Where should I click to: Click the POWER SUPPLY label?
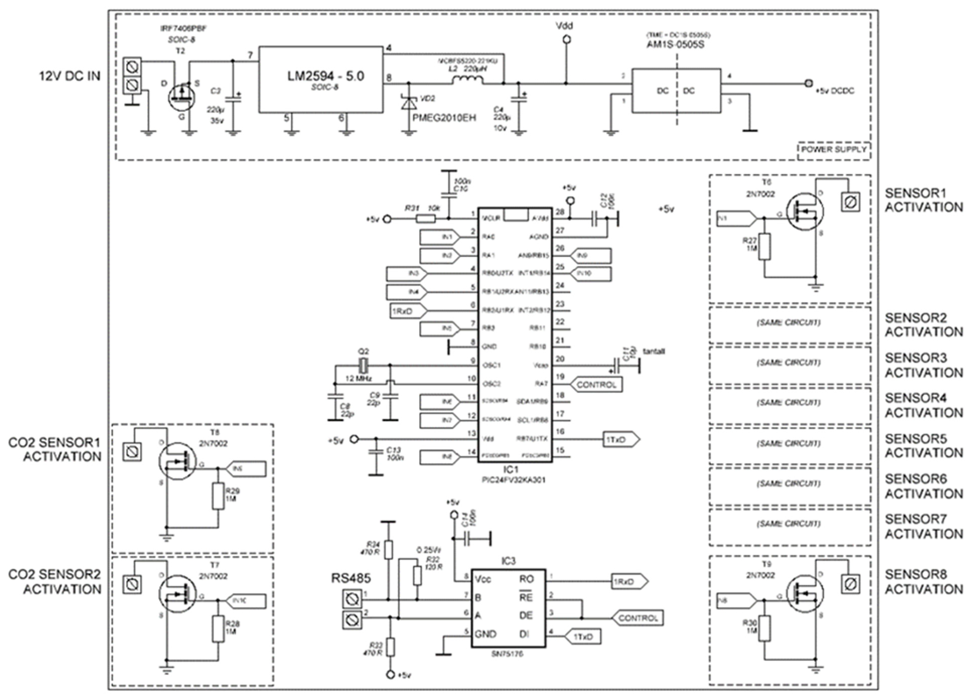click(834, 150)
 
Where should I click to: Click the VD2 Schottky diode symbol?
click(408, 103)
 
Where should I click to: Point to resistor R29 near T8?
click(218, 496)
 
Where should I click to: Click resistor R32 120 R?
click(417, 575)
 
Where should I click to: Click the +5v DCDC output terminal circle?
click(808, 83)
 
